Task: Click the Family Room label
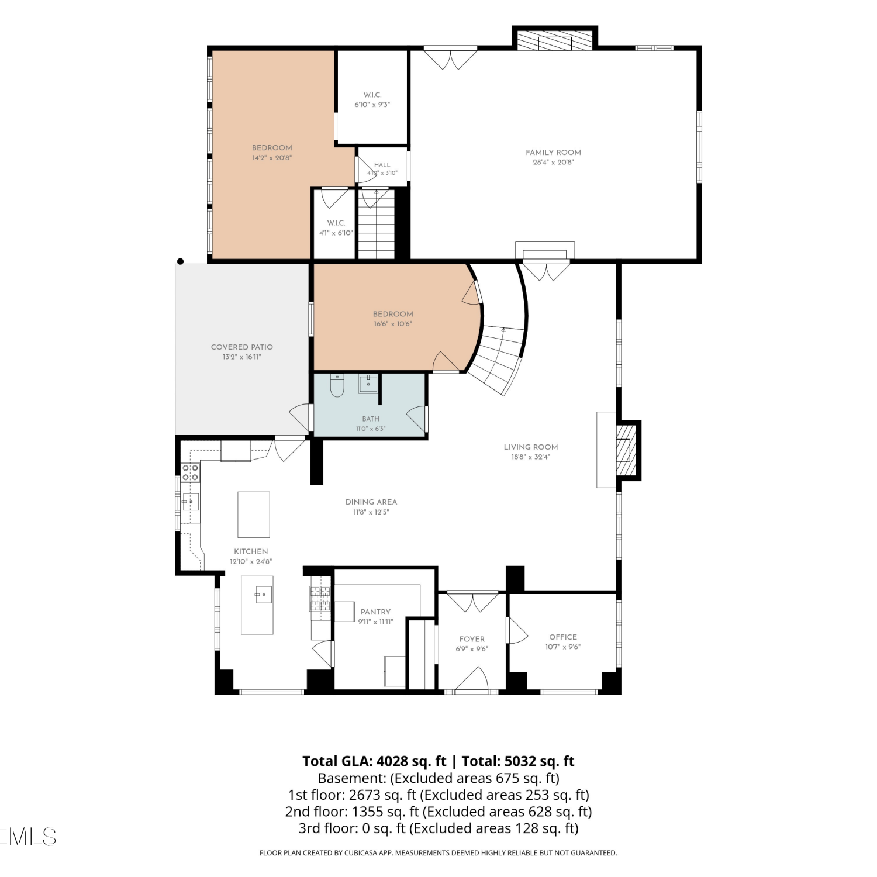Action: (x=553, y=153)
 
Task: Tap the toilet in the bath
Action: (x=337, y=385)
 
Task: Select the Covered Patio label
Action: (x=242, y=347)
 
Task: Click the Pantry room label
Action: (x=375, y=612)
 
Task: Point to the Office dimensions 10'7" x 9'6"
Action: (x=563, y=647)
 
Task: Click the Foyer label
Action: (x=472, y=639)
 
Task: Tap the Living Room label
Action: (x=531, y=447)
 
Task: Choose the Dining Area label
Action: (x=371, y=502)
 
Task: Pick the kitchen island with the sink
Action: (x=257, y=605)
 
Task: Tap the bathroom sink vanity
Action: (x=368, y=384)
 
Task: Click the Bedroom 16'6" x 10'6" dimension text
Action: (x=393, y=324)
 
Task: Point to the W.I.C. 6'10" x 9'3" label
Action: (x=372, y=99)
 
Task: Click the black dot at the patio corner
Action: (x=181, y=261)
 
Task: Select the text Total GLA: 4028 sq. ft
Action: (x=374, y=761)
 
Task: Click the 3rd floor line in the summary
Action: (x=438, y=828)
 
